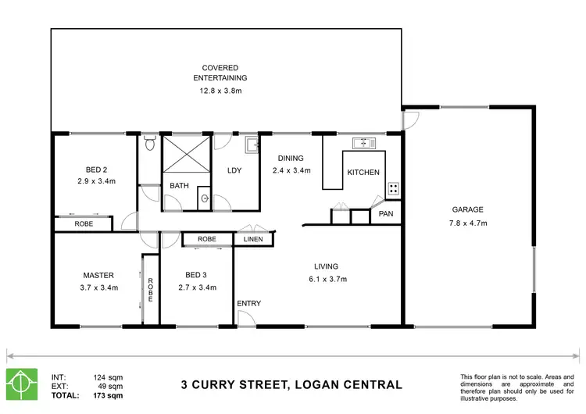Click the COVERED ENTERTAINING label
coord(220,73)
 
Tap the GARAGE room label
coord(468,209)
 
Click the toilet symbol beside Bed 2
coord(149,143)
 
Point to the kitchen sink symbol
coord(364,143)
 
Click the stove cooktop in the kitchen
coord(394,188)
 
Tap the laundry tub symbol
coord(252,145)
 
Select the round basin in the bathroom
coord(205,198)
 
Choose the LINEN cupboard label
coord(253,239)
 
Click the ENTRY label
coord(249,303)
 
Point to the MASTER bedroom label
coord(98,275)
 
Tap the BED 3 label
coord(196,275)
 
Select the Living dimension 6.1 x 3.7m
coord(326,279)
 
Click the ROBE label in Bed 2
coord(83,224)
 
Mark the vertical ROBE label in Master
coord(150,287)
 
